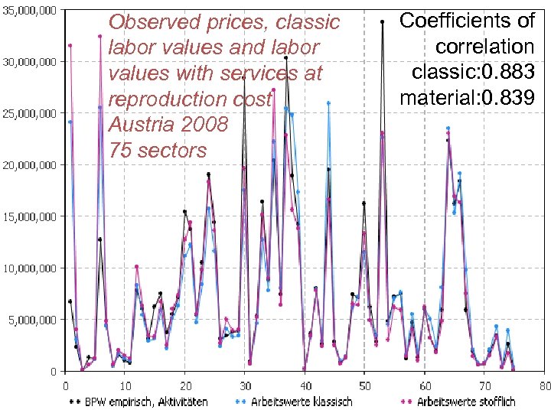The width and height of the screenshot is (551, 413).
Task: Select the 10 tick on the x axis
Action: pyautogui.click(x=125, y=385)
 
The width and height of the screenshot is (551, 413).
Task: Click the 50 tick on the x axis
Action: pyautogui.click(x=364, y=385)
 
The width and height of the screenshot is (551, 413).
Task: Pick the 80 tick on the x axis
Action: pyautogui.click(x=543, y=385)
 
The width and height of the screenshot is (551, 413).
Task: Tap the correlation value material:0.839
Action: pyautogui.click(x=467, y=97)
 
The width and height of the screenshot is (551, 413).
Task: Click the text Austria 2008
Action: pyautogui.click(x=168, y=124)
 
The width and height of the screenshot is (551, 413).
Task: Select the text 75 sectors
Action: pyautogui.click(x=158, y=150)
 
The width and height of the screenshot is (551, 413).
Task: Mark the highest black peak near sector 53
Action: pyautogui.click(x=382, y=21)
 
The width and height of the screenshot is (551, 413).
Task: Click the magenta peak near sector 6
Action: pyautogui.click(x=100, y=36)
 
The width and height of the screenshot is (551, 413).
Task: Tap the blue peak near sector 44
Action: pyautogui.click(x=328, y=102)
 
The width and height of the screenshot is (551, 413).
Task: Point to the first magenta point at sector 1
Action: pyautogui.click(x=70, y=45)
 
